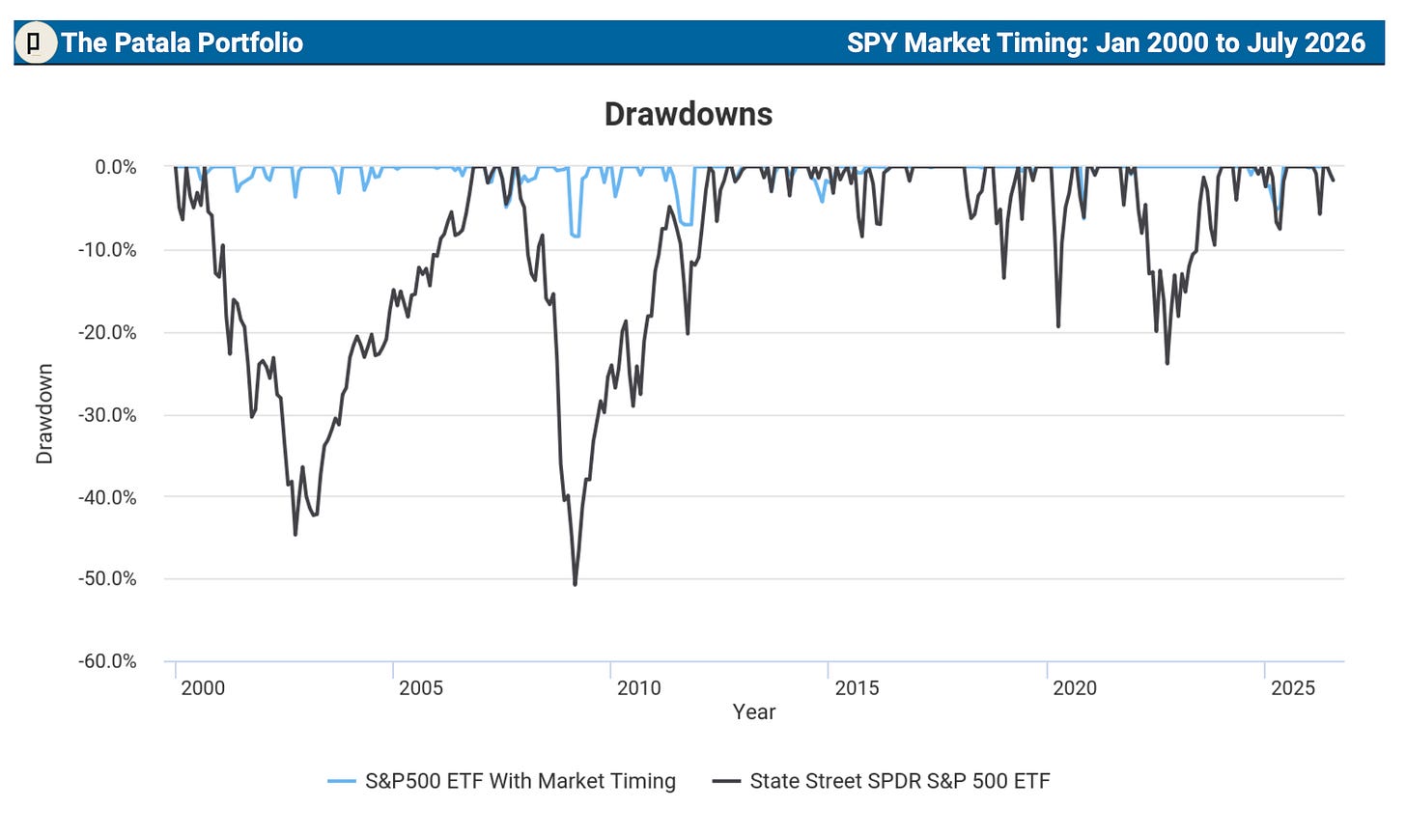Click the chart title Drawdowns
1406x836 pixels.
[689, 114]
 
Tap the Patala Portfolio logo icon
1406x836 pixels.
[35, 42]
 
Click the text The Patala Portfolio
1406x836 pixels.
[182, 42]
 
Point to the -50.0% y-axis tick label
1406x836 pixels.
[106, 578]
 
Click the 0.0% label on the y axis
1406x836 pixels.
[116, 167]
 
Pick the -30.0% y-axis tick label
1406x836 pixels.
[106, 415]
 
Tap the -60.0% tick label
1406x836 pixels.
[106, 661]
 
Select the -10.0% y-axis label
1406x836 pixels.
[106, 250]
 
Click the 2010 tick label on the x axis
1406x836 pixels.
[639, 688]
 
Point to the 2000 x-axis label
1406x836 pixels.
[203, 688]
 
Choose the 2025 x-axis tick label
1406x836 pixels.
[1293, 688]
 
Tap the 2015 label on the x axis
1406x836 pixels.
[857, 688]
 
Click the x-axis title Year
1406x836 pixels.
[754, 711]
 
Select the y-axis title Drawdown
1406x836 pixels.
[44, 414]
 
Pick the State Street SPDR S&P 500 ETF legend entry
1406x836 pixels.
[882, 781]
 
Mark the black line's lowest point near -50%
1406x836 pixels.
[575, 585]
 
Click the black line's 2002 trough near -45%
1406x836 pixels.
[295, 535]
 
